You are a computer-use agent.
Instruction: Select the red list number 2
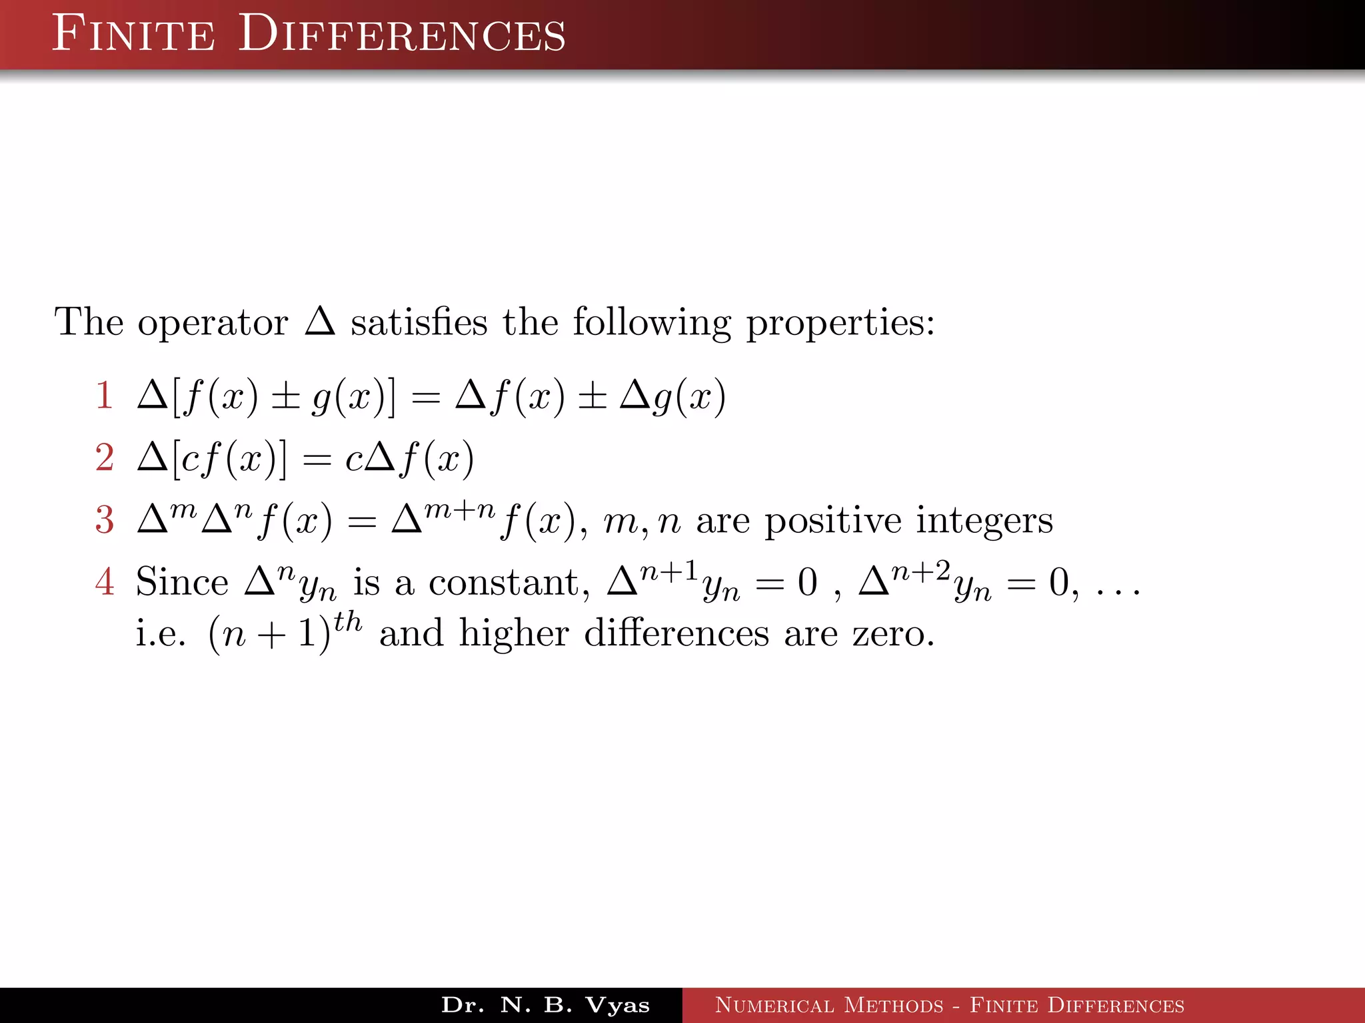point(104,458)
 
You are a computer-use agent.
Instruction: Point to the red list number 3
point(104,520)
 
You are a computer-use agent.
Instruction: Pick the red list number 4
point(104,581)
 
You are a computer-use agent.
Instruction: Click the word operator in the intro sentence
point(213,324)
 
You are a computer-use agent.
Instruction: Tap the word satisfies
point(419,322)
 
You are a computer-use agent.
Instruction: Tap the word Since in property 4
point(181,582)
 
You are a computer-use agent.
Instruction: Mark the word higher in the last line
point(514,633)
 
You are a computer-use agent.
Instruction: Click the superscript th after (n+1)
point(348,622)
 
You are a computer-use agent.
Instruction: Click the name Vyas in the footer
point(617,1005)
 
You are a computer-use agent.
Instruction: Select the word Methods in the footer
point(893,1005)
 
